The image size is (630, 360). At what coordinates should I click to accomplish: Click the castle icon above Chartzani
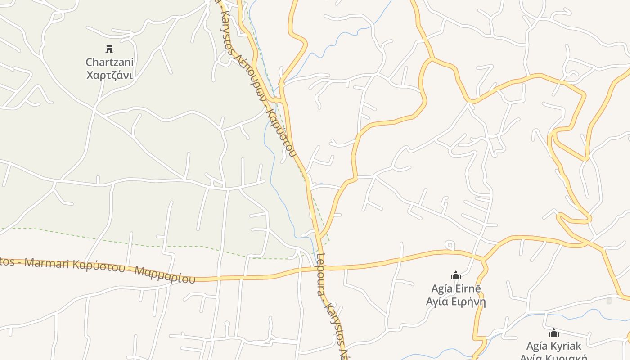tap(109, 49)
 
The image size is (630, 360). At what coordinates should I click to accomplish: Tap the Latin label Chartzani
tap(109, 62)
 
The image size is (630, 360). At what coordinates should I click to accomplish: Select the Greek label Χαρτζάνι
tap(109, 75)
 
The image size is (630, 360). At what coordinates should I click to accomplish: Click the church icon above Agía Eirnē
tap(456, 275)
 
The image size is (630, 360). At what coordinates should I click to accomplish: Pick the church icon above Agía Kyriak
tap(554, 333)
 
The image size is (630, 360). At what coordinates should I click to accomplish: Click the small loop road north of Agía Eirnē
tap(450, 245)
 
